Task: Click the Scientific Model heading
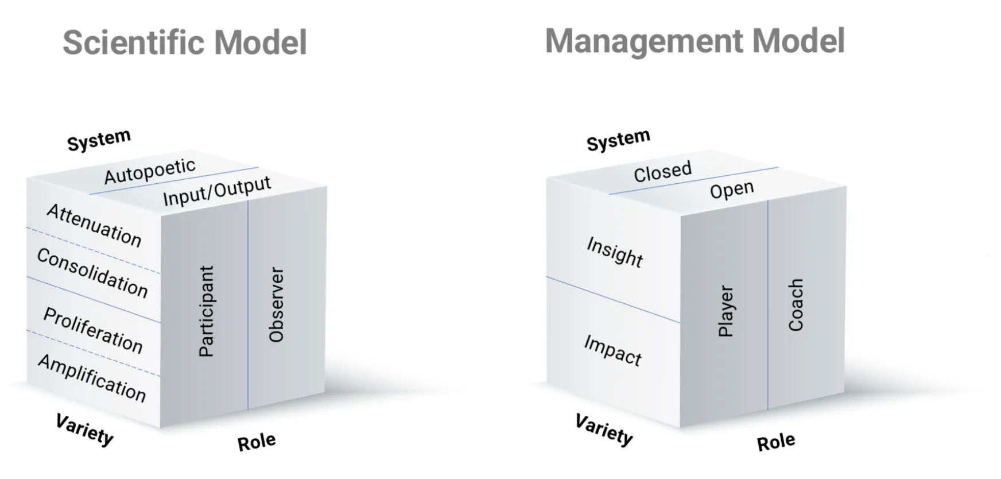185,43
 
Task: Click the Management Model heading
695,41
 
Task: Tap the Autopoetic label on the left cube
150,171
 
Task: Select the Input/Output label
216,191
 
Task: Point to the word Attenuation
94,225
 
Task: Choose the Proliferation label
93,330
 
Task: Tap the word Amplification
92,378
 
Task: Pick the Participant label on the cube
206,311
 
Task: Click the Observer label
276,305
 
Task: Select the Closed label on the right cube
662,172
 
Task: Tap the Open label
731,190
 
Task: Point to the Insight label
614,252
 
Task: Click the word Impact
612,350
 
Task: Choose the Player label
725,311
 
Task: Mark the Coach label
796,305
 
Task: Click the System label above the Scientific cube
99,140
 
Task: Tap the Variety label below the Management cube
604,430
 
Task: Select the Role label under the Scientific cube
257,442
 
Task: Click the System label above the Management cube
618,140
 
